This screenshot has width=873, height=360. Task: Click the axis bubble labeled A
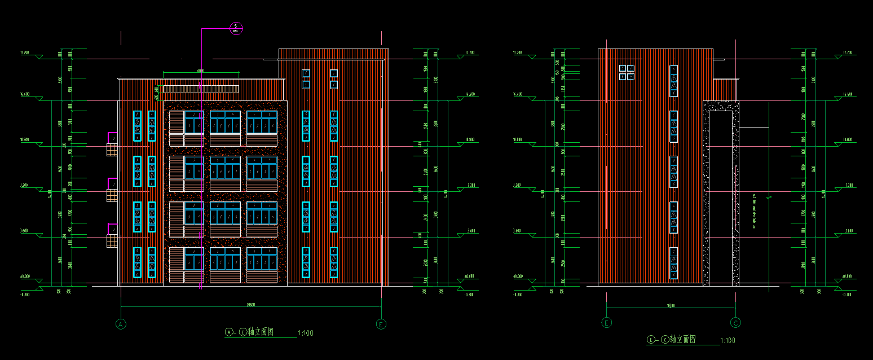(x=120, y=324)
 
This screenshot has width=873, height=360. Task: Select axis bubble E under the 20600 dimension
(x=382, y=324)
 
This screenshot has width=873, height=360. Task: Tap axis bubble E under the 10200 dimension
(x=607, y=323)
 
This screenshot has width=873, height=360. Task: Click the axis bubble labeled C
(x=736, y=323)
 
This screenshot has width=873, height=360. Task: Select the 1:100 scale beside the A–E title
(x=305, y=333)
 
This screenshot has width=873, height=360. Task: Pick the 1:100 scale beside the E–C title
(x=727, y=340)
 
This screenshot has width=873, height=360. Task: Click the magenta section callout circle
(x=236, y=28)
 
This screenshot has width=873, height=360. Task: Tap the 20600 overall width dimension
(x=250, y=305)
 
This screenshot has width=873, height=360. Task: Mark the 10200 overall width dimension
(x=671, y=305)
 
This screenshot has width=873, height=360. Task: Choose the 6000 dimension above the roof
(x=200, y=71)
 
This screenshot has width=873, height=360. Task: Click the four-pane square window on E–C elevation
(x=627, y=72)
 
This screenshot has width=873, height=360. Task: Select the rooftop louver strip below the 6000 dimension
(x=201, y=89)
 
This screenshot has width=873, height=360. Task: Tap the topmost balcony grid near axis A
(x=112, y=150)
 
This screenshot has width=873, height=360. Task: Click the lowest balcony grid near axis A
(x=112, y=241)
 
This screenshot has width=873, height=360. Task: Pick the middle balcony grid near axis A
(x=112, y=195)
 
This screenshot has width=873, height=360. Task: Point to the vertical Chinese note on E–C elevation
(x=755, y=212)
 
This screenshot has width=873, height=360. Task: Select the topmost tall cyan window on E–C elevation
(x=673, y=81)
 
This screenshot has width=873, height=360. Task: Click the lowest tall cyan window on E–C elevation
(x=673, y=263)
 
